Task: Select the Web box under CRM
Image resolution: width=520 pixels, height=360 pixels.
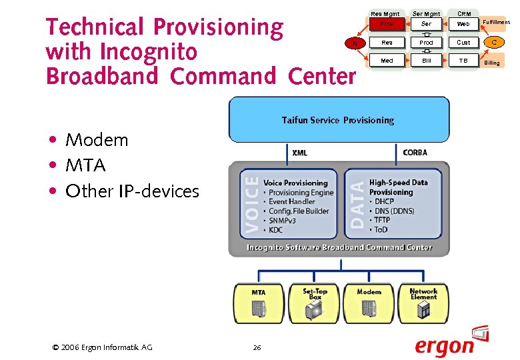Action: point(463,24)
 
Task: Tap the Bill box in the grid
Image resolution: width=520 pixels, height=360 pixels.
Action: point(426,61)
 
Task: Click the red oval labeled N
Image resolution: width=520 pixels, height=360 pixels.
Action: point(355,43)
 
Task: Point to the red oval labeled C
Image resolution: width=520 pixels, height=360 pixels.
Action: point(494,43)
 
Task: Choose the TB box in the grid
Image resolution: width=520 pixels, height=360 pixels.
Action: point(463,61)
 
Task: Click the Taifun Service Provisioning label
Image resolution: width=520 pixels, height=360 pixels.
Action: point(338,121)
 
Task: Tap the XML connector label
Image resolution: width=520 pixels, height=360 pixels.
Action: point(300,153)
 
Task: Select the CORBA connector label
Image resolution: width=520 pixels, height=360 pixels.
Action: point(415,153)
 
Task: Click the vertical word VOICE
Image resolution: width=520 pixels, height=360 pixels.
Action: point(251,203)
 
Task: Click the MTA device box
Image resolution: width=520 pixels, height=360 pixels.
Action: point(258,303)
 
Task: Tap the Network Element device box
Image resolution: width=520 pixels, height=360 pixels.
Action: point(423,303)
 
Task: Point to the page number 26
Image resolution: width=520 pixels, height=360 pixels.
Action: point(257,347)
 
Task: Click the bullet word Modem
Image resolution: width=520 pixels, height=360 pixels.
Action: point(97,140)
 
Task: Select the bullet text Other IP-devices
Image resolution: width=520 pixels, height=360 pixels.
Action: point(132,191)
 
